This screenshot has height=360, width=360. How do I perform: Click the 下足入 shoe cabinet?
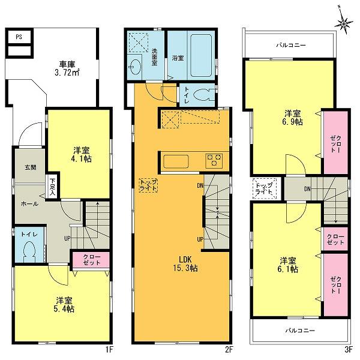click(53, 183)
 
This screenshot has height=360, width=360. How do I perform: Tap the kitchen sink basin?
click(176, 161)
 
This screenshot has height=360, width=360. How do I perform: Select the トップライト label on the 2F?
click(148, 184)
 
